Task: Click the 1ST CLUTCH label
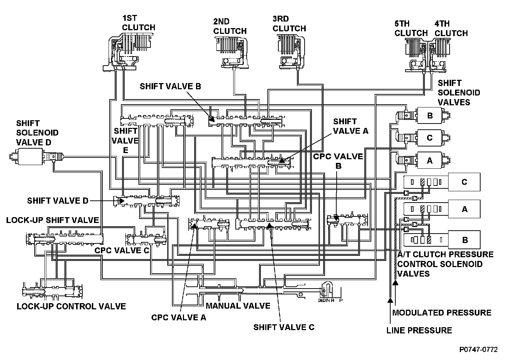point(138,23)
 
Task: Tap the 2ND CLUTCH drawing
point(232,53)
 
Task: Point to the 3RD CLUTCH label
point(289,24)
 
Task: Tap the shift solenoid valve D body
point(31,156)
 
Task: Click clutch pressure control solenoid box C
point(464,182)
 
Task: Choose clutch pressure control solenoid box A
point(464,209)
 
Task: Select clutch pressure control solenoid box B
point(464,240)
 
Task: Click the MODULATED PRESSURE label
point(442,313)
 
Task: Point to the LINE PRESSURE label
point(419,330)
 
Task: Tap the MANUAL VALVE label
point(238,306)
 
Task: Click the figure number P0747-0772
point(478,349)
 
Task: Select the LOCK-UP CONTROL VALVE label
point(71,306)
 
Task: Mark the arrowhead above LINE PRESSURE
point(390,300)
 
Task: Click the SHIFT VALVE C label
point(284,327)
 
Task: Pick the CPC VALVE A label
point(179,317)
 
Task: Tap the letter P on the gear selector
point(341,301)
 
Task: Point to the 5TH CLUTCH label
point(411,28)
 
